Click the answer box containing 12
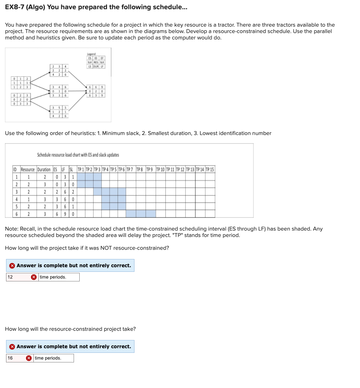18,277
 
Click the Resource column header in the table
28,169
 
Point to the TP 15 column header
210,169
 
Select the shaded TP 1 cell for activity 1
81,177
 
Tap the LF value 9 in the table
64,214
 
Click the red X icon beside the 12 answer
34,277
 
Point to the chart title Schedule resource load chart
78,155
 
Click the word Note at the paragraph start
11,229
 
